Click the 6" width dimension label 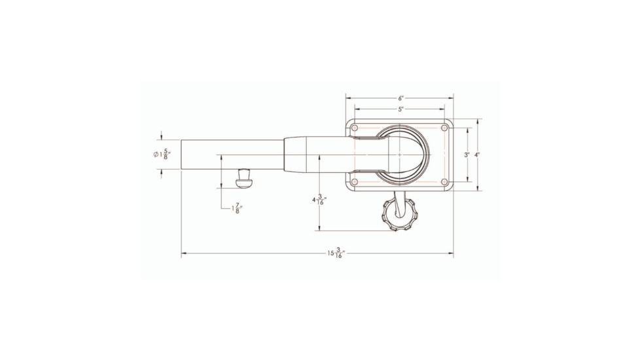tap(400, 98)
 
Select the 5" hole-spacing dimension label tap(400, 109)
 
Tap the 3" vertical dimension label tap(467, 154)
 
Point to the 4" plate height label tap(477, 154)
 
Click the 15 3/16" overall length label tap(336, 253)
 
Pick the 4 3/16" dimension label tap(319, 200)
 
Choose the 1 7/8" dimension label tap(237, 209)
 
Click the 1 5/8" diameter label tap(162, 154)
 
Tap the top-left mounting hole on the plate tap(354, 128)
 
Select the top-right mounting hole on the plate tap(444, 128)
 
